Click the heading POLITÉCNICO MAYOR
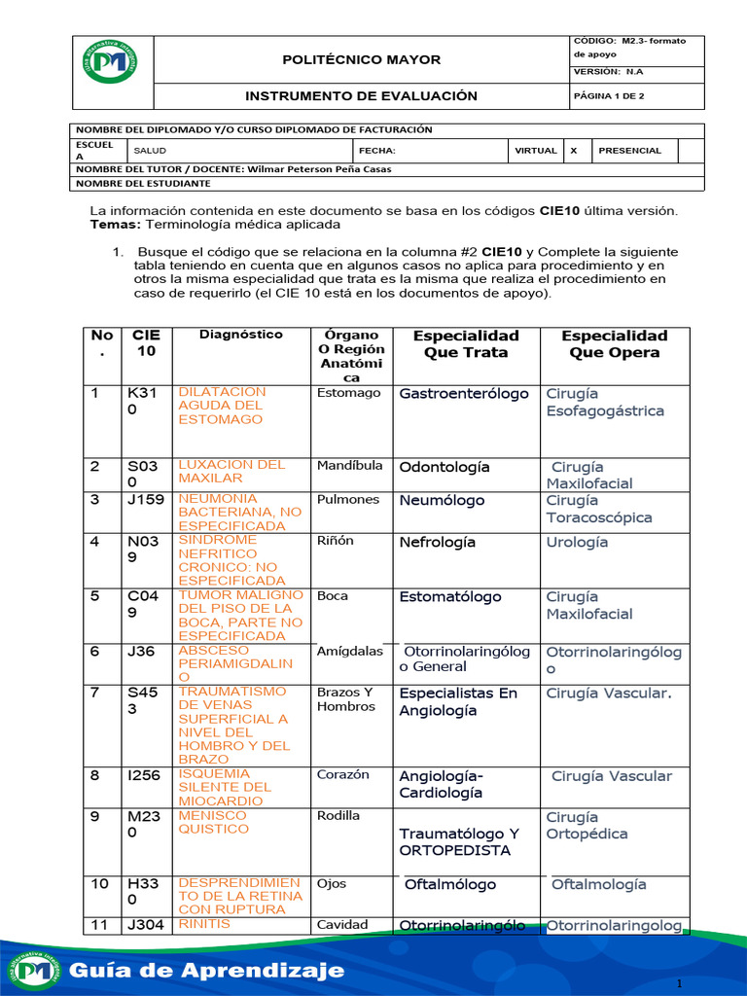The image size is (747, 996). tap(361, 60)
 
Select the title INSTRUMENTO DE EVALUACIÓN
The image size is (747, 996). tap(361, 96)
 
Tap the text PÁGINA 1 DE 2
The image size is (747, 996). tap(609, 97)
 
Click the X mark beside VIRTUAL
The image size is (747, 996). tap(574, 151)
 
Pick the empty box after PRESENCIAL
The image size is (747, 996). tap(690, 151)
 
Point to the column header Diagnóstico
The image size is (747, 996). tap(240, 335)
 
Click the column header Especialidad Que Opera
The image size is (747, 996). tap(614, 344)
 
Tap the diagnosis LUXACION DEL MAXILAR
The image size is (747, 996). tap(231, 472)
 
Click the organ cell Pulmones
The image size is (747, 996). tap(347, 500)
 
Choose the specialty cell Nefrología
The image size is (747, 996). tap(437, 543)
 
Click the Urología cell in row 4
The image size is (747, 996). tap(577, 543)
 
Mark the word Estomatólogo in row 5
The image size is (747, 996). tap(450, 597)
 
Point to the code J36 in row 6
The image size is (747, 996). tap(141, 652)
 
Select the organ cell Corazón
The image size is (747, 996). tap(342, 775)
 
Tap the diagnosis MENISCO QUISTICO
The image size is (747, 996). tap(213, 823)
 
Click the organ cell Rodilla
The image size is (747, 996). tap(338, 816)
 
